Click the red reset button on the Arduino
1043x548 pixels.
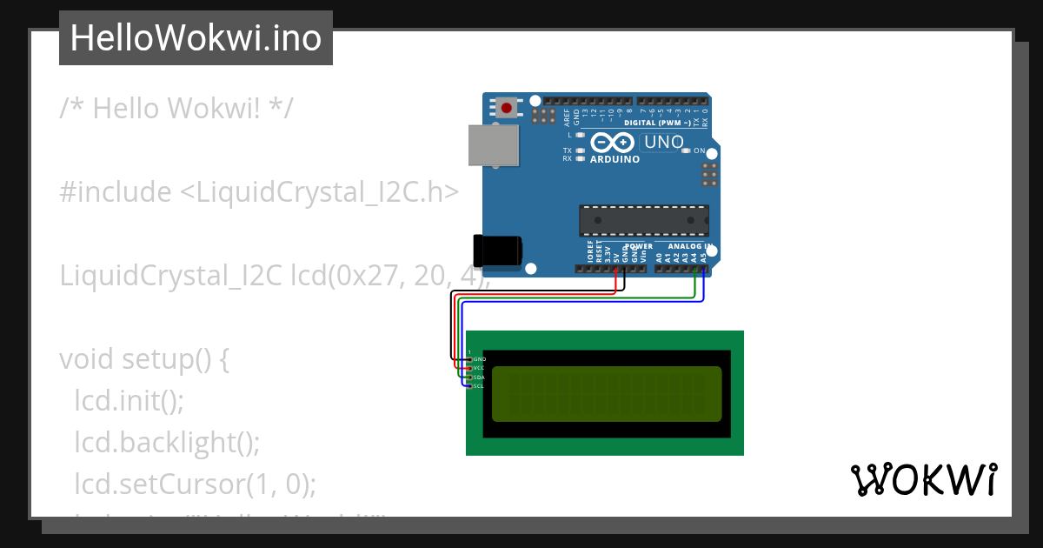coord(506,108)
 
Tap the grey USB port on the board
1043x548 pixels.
coord(493,144)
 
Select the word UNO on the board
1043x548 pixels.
coord(663,142)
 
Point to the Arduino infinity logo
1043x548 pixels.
coord(612,143)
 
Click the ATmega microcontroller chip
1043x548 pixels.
coord(644,220)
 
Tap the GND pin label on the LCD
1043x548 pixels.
coord(479,359)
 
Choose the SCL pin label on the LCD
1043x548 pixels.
coord(478,386)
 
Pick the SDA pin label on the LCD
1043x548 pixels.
coord(478,378)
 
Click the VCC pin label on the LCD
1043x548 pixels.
coord(478,368)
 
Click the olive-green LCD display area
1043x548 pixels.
coord(607,393)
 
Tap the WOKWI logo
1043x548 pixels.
coord(923,479)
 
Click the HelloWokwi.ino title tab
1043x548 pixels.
coord(196,38)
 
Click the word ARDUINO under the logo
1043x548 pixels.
coord(615,160)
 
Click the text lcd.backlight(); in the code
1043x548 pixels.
coord(167,442)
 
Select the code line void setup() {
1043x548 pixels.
coord(144,359)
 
